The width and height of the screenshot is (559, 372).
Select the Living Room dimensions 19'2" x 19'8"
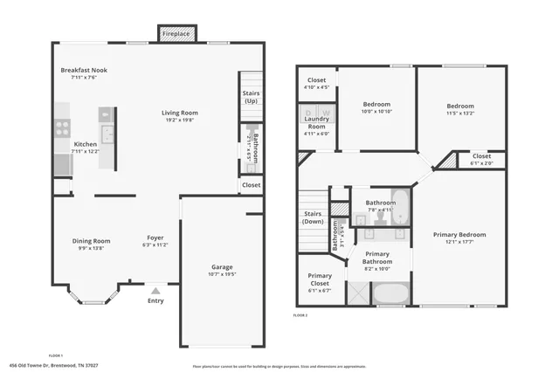pyautogui.click(x=179, y=121)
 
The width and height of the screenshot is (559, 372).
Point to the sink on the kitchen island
pyautogui.click(x=107, y=134)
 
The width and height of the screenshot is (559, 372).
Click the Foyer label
pyautogui.click(x=155, y=238)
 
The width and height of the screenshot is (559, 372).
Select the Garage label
pyautogui.click(x=222, y=266)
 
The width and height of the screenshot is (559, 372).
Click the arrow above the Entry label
pyautogui.click(x=155, y=292)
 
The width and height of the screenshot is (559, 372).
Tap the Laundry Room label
pyautogui.click(x=316, y=127)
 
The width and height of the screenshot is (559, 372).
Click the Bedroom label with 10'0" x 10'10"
pyautogui.click(x=376, y=106)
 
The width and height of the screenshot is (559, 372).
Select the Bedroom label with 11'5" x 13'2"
pyautogui.click(x=460, y=106)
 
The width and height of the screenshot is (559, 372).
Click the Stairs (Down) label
pyautogui.click(x=313, y=217)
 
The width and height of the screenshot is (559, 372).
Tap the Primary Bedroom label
pyautogui.click(x=459, y=234)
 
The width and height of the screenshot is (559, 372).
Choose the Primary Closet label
pyautogui.click(x=320, y=279)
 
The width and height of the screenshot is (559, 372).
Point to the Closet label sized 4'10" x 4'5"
pyautogui.click(x=316, y=80)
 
